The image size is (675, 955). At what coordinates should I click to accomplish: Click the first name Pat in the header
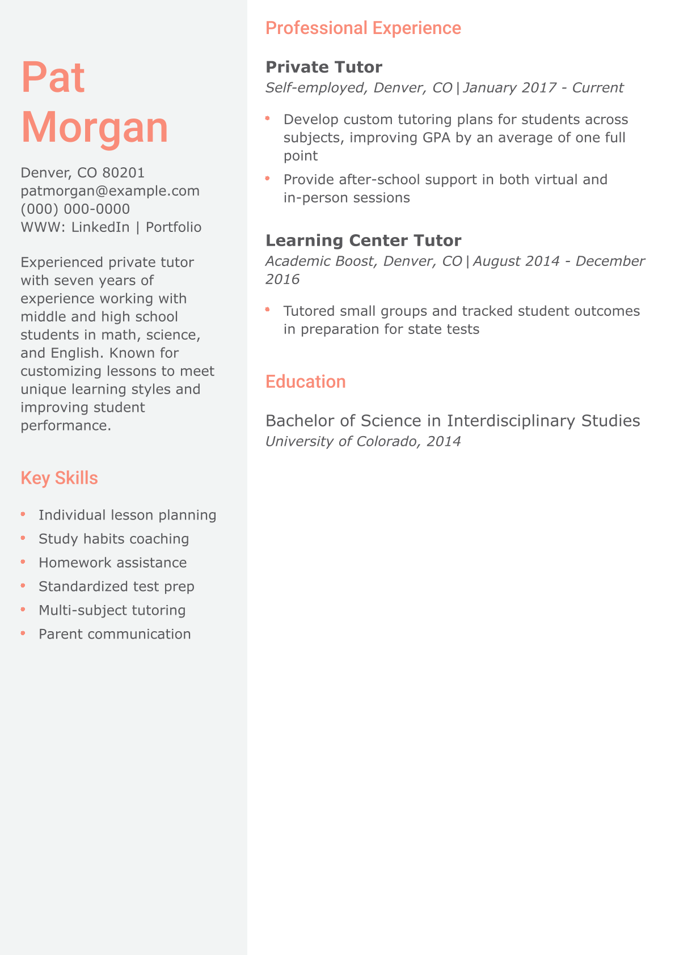coord(53,78)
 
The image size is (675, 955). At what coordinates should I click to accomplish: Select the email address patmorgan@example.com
coord(110,191)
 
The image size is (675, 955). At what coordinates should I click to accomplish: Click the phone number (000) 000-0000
coord(75,209)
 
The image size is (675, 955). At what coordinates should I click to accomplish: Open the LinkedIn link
coord(100,227)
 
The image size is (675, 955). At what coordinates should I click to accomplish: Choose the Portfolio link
coord(174,227)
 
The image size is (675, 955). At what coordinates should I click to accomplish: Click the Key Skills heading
coord(59,478)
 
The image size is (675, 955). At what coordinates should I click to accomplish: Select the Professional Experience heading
coord(363,28)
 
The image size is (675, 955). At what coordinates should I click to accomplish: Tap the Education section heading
coord(305,382)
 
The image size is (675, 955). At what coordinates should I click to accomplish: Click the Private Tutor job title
coord(324,67)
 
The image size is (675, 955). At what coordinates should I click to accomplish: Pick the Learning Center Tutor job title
coord(363,240)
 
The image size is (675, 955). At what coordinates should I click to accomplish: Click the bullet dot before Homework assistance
coord(23,562)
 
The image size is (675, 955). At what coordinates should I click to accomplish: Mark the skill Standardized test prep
coord(116,586)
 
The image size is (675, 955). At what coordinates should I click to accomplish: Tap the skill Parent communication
coord(115,634)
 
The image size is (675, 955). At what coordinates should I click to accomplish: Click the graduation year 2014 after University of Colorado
coord(444,441)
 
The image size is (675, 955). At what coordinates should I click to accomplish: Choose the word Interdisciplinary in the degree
coord(511,421)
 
